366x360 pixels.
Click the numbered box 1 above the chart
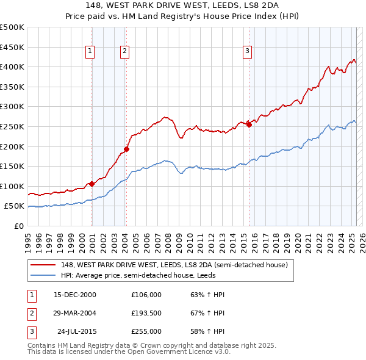(x=90, y=52)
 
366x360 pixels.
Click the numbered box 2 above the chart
(x=124, y=52)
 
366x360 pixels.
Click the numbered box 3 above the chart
(x=248, y=52)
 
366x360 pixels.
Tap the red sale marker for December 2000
(x=91, y=183)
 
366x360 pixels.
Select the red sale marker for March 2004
(x=127, y=148)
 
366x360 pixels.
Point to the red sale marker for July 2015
(x=249, y=124)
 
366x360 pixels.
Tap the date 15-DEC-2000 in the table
(x=75, y=295)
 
